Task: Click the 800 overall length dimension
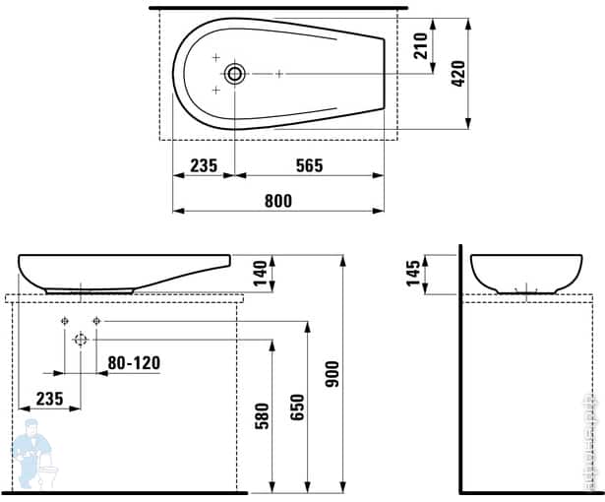278,201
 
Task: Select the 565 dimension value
309,165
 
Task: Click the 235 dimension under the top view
203,165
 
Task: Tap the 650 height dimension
298,405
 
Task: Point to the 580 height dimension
261,414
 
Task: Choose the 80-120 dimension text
134,363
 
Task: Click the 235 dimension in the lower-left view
49,398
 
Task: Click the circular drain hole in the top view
235,74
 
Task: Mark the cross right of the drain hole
279,74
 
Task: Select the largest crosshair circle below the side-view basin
81,340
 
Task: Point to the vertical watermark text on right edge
593,443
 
